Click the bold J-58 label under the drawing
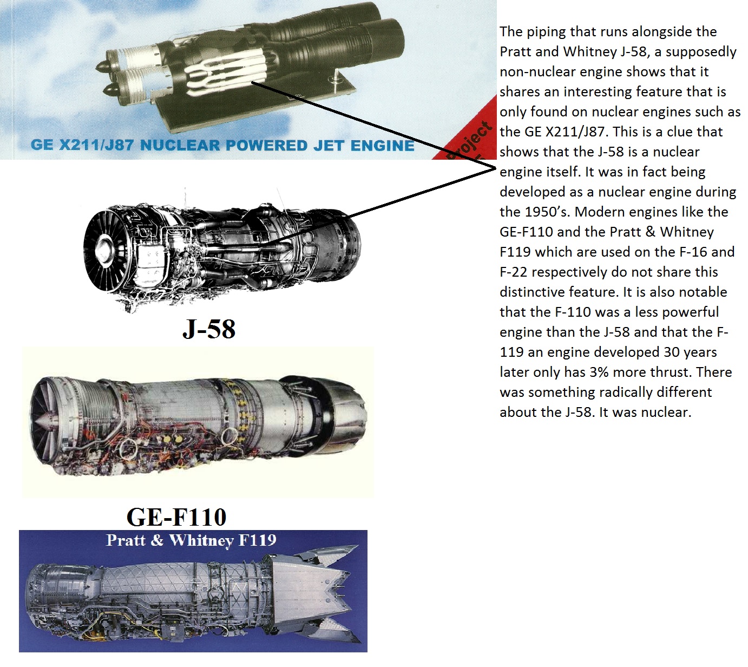point(209,329)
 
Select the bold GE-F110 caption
point(176,516)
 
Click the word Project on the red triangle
point(469,140)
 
